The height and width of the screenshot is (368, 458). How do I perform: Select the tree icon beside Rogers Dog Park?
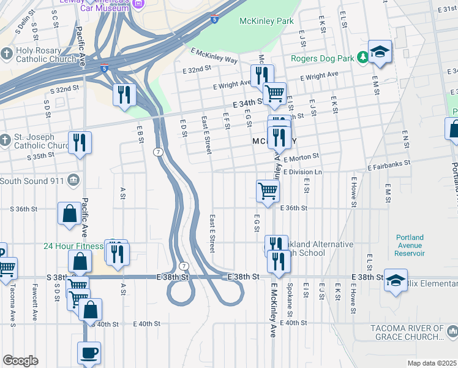[362, 57]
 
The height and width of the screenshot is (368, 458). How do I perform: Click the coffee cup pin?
[89, 353]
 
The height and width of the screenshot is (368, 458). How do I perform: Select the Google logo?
[20, 361]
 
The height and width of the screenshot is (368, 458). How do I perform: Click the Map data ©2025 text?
[432, 363]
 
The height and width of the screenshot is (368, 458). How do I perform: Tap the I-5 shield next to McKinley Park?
[214, 20]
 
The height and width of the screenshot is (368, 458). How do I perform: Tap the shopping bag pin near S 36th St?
[69, 213]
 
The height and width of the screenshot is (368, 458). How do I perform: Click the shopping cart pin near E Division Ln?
[268, 191]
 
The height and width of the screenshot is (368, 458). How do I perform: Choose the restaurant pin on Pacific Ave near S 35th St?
[80, 142]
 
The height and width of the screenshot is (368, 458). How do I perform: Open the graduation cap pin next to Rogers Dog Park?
[380, 52]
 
